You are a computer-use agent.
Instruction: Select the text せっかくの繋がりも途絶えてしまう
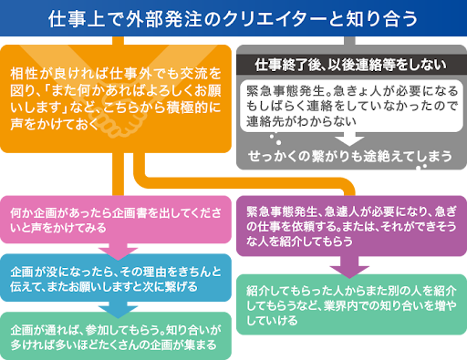tap(349, 156)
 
